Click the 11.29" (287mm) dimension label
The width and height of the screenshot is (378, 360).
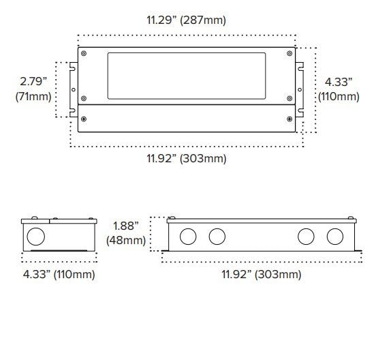(x=187, y=20)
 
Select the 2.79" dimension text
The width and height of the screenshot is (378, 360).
(x=33, y=80)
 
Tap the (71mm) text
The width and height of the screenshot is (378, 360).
(x=33, y=96)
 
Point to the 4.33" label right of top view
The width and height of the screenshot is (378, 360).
(x=338, y=80)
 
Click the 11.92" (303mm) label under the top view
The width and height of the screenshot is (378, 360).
(x=187, y=158)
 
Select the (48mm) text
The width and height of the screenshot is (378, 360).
(x=126, y=240)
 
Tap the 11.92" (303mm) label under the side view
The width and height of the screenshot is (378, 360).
(x=261, y=274)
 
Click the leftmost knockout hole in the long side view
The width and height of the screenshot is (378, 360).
(x=188, y=237)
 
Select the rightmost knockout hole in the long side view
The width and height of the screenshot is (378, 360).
(x=334, y=237)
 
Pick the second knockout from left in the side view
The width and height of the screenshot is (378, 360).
(x=217, y=237)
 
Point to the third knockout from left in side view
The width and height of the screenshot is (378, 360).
(x=305, y=237)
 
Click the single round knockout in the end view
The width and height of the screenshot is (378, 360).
(x=36, y=237)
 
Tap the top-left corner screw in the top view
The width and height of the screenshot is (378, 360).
(x=83, y=53)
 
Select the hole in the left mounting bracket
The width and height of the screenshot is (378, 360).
(x=74, y=89)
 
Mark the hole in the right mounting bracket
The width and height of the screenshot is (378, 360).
(x=300, y=89)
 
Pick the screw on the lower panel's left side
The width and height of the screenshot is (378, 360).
(x=83, y=119)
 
